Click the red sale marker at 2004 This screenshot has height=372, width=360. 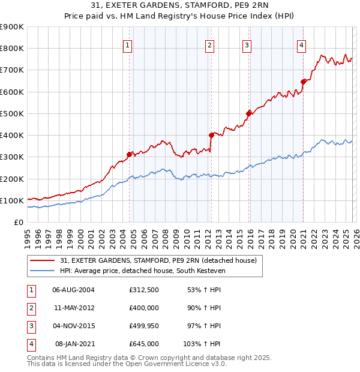click(x=129, y=154)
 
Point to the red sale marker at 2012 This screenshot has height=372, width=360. click(x=211, y=135)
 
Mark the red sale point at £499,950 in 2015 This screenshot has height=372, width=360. click(x=248, y=113)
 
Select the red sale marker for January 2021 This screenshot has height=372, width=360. click(x=304, y=82)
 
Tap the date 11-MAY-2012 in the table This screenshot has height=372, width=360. click(x=73, y=307)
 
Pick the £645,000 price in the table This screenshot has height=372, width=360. click(x=143, y=344)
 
